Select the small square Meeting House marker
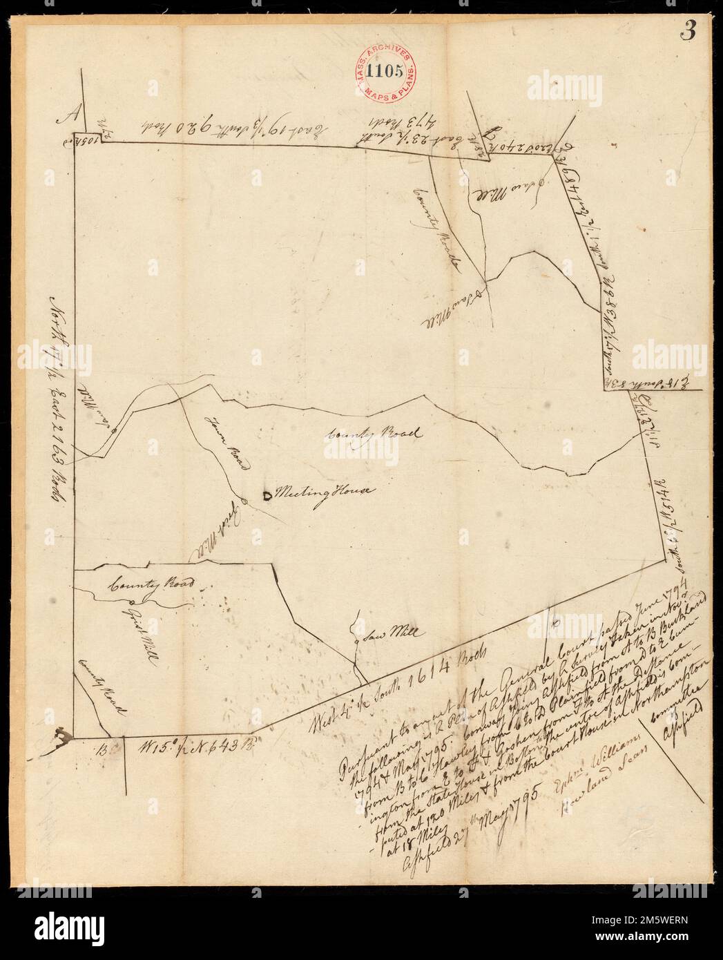coord(267,493)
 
